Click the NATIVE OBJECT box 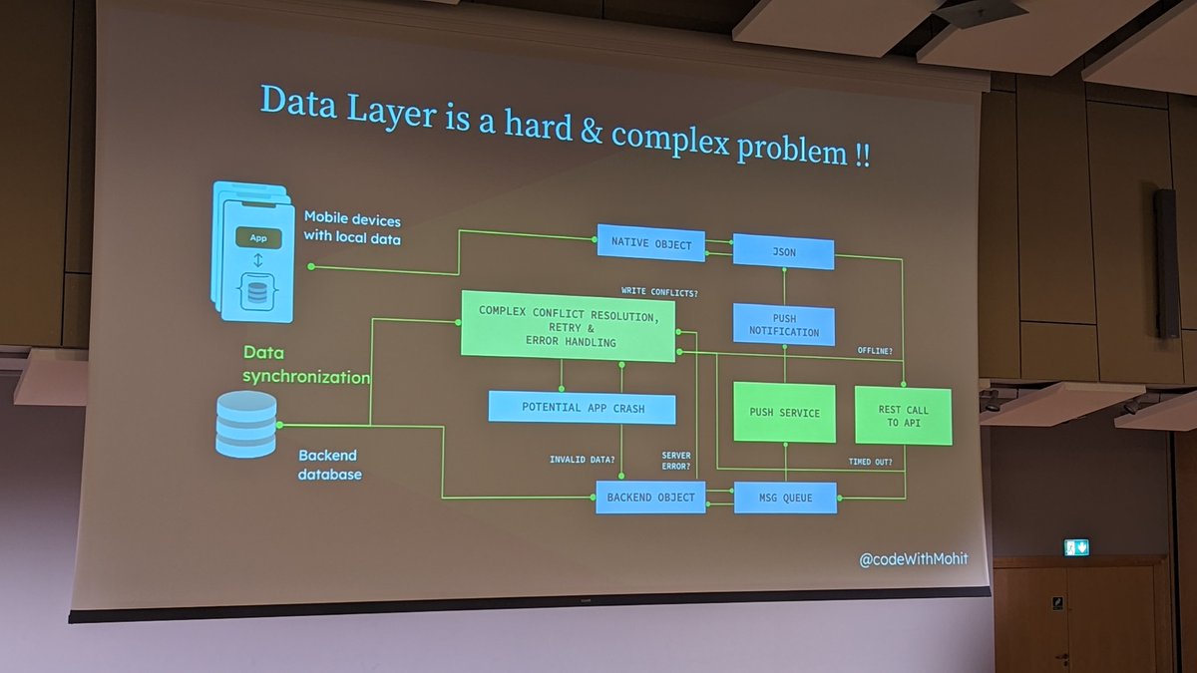point(650,243)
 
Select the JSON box point(783,251)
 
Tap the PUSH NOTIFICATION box point(783,325)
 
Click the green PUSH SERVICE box point(784,412)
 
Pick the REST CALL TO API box point(903,416)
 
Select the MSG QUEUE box point(785,498)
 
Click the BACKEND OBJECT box point(650,497)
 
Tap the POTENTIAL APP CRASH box point(582,407)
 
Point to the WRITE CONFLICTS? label point(659,292)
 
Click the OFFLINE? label point(875,351)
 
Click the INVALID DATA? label point(582,460)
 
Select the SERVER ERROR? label point(676,461)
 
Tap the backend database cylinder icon point(245,424)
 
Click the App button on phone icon point(257,238)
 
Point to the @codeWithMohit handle point(913,559)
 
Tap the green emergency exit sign point(1076,547)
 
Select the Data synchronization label point(306,365)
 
